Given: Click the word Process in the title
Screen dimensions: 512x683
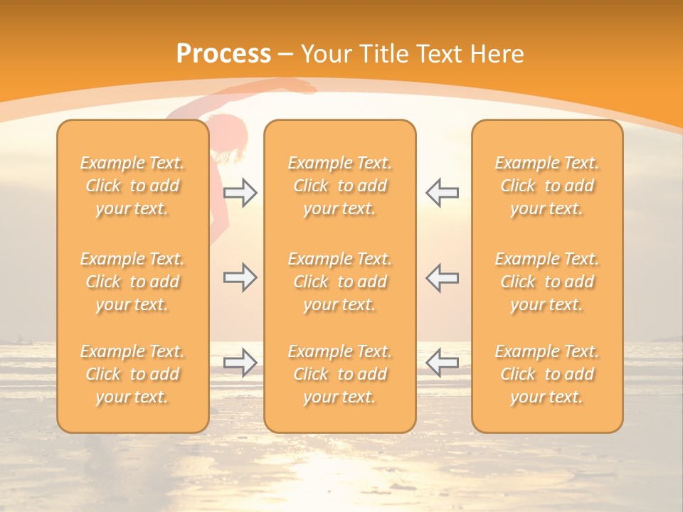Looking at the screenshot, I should pos(223,54).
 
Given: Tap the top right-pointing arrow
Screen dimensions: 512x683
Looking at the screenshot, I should pos(240,193).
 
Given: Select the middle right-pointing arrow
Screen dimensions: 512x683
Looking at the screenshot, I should pos(240,278).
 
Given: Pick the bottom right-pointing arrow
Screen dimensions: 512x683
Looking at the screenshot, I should pos(240,363).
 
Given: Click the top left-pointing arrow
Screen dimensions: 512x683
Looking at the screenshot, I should pos(442,193).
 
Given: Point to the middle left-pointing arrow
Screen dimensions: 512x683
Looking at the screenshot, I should pos(442,278).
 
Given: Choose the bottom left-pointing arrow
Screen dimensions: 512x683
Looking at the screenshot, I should pos(442,363).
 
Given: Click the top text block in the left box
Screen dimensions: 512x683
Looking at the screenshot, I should pos(132,186).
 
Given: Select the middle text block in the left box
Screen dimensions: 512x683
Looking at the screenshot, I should pos(132,282).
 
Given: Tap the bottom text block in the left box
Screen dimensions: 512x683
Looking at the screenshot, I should pos(132,374).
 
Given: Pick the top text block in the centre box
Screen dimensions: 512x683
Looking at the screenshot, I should pos(339,186).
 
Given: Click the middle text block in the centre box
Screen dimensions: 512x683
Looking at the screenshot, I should pos(339,282).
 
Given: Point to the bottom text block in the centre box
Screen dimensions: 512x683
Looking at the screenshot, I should pos(339,374).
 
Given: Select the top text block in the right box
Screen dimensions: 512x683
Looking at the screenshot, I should pos(547,186).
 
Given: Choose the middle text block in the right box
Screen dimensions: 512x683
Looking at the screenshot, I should pos(547,282).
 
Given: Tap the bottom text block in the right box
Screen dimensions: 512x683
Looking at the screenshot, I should pos(547,374).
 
